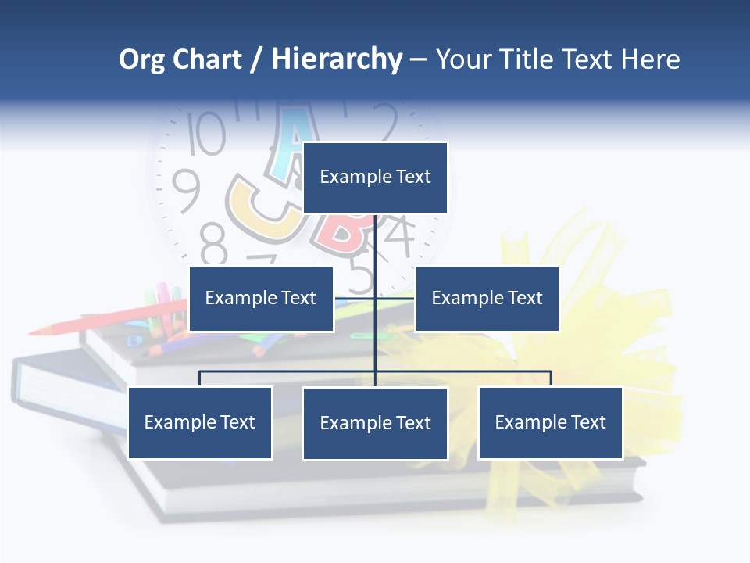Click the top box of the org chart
[x=375, y=178]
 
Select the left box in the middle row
[x=261, y=298]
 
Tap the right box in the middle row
[x=487, y=298]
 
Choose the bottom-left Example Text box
[x=200, y=422]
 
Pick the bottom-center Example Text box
[x=375, y=423]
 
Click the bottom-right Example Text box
[x=550, y=422]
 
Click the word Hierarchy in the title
[x=337, y=59]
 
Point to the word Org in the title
[x=142, y=59]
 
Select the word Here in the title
[x=650, y=59]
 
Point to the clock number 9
[x=186, y=191]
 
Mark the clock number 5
[x=361, y=275]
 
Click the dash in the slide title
[x=418, y=59]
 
